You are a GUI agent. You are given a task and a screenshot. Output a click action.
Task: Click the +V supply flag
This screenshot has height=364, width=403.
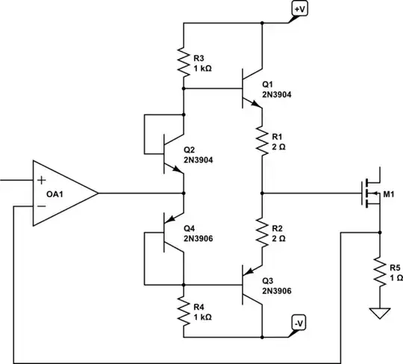pos(298,9)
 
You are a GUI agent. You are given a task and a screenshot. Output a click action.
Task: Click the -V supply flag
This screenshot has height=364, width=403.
pos(298,323)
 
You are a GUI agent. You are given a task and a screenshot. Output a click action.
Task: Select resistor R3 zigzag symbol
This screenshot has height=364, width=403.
pos(184,61)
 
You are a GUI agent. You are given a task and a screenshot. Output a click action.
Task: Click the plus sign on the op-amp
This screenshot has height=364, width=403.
pos(41,179)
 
